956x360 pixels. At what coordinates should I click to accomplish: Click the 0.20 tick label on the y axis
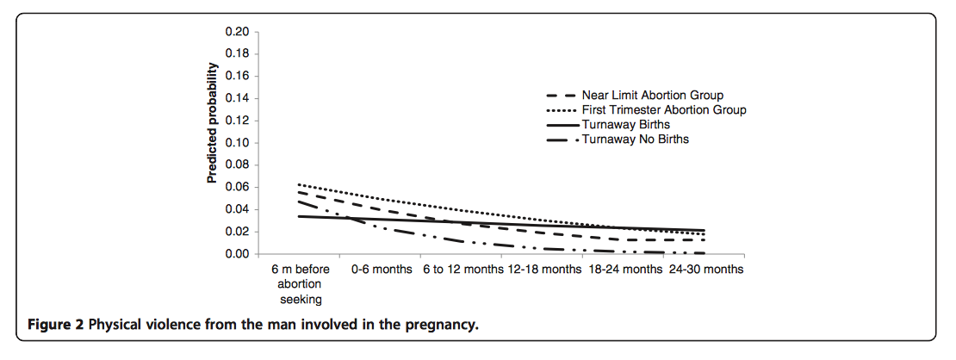[237, 32]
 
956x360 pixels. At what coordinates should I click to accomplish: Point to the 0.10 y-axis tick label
[237, 143]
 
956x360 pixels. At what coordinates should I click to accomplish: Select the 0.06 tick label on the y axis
[237, 188]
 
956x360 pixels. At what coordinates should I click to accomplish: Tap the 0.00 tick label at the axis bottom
[237, 255]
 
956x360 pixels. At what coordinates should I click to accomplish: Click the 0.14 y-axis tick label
[237, 98]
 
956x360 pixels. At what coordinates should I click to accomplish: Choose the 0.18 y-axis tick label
[237, 53]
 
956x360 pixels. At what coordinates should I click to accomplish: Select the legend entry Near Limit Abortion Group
[652, 95]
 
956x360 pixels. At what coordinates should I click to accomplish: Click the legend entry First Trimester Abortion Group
[663, 110]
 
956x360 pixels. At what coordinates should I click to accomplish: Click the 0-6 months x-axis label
[381, 270]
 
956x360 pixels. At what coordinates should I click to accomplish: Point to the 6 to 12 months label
[462, 270]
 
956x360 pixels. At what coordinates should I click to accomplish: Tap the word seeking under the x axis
[301, 299]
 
